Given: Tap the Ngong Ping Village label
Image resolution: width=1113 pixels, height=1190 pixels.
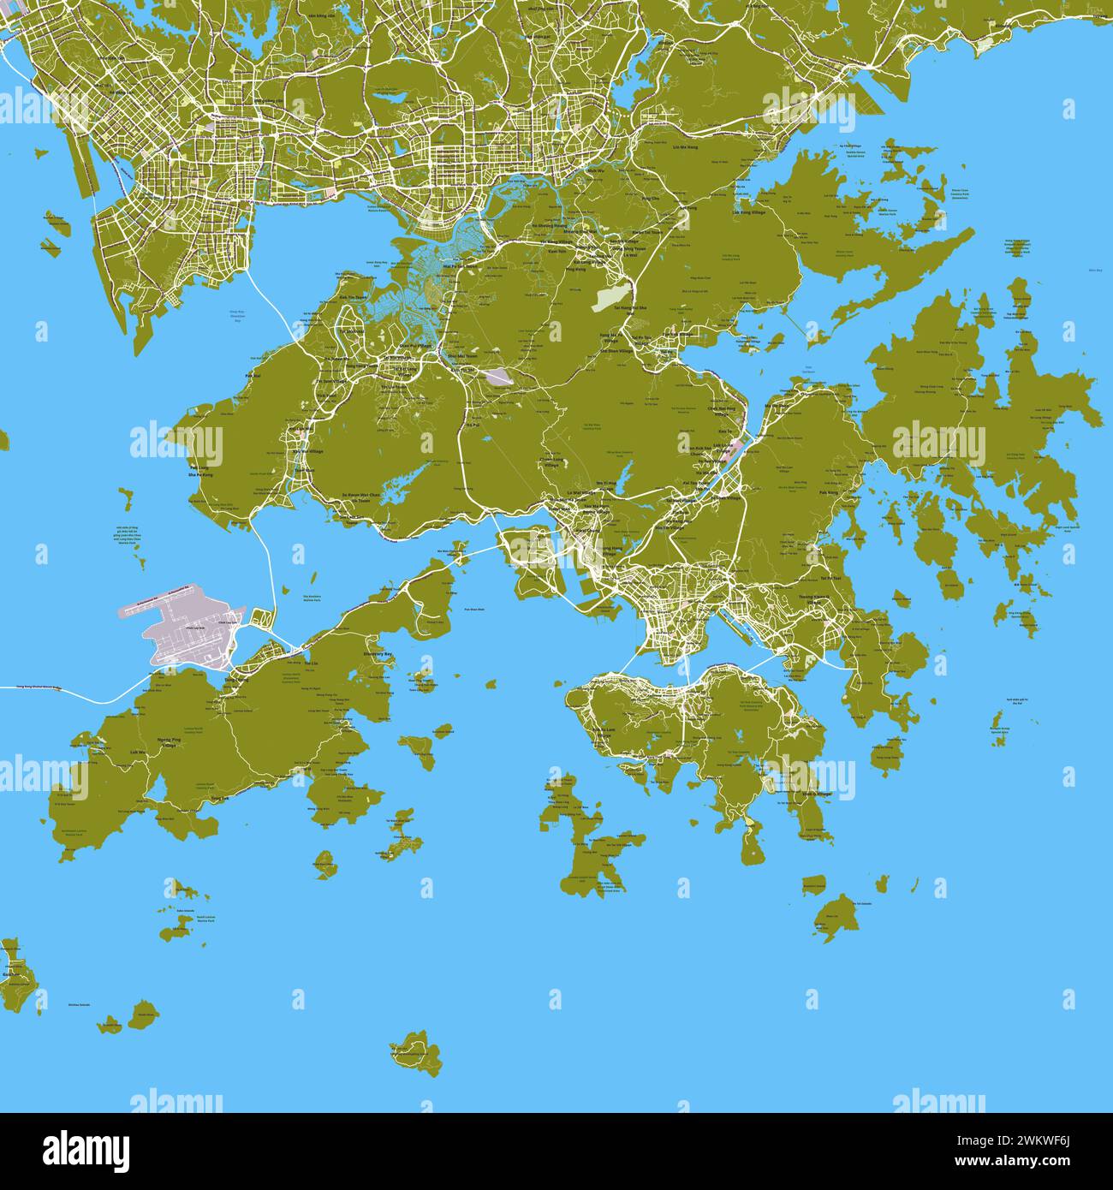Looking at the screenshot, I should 170,741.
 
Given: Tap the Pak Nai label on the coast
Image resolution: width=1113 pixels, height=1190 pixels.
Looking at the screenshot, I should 253,376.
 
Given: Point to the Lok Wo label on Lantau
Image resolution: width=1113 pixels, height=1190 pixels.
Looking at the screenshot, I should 138,753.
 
